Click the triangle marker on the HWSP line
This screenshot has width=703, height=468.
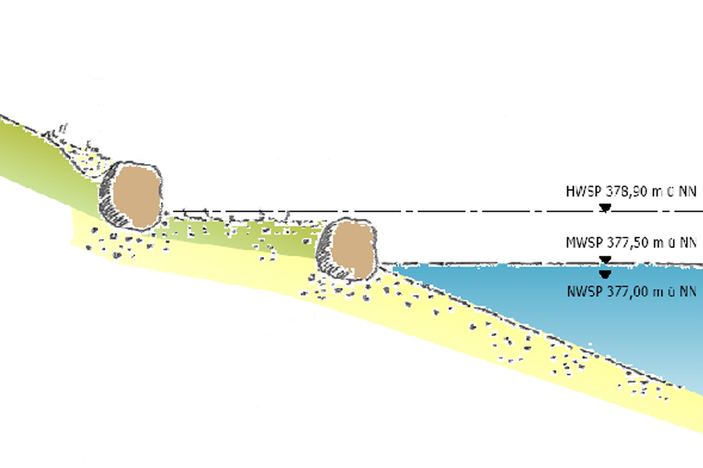(605, 208)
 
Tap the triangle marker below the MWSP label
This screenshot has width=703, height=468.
(605, 260)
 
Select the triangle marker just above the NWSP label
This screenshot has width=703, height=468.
(605, 274)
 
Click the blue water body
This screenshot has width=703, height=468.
(580, 307)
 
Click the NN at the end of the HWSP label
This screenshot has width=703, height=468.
(687, 192)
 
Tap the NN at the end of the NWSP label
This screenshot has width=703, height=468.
(687, 292)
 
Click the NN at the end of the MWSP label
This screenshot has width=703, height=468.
(687, 243)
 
